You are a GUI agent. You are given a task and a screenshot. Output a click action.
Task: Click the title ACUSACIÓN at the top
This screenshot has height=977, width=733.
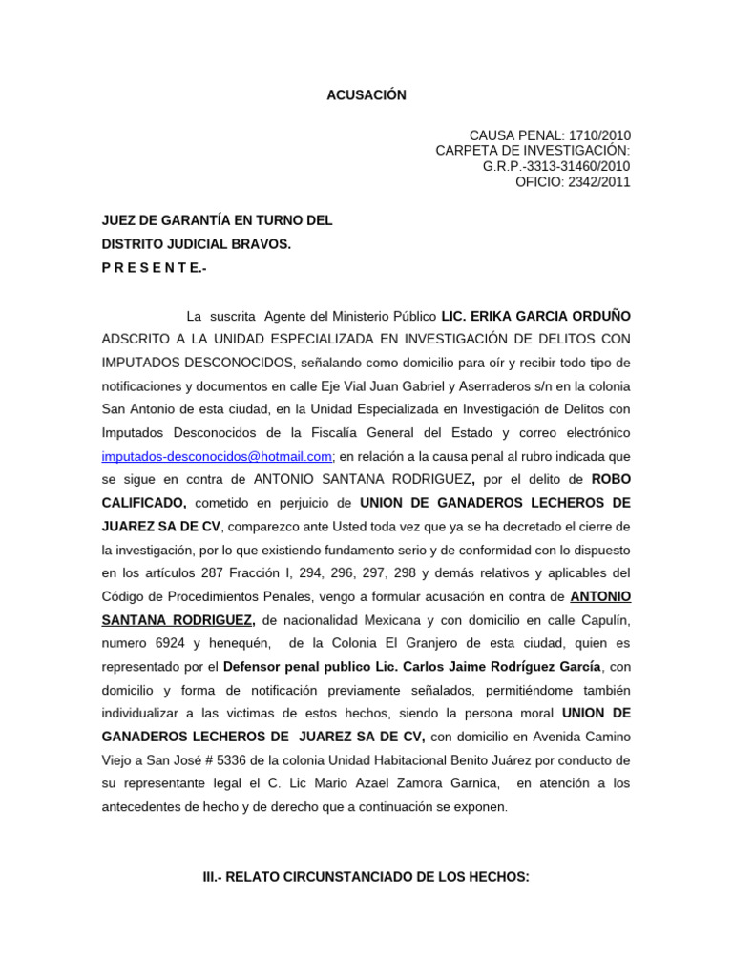(366, 95)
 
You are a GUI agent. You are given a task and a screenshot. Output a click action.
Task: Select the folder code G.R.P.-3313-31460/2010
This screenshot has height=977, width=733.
(556, 166)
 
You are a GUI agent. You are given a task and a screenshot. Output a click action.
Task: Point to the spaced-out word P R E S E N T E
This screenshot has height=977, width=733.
(154, 268)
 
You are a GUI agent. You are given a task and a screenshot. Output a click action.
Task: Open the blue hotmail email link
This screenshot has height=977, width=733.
(218, 456)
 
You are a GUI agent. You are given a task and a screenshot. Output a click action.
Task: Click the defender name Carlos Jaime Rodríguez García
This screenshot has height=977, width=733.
(507, 665)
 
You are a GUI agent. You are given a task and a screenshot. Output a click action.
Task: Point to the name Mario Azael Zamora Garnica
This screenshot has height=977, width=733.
(412, 783)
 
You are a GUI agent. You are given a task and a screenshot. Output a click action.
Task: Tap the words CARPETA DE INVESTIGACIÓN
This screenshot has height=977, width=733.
(533, 151)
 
